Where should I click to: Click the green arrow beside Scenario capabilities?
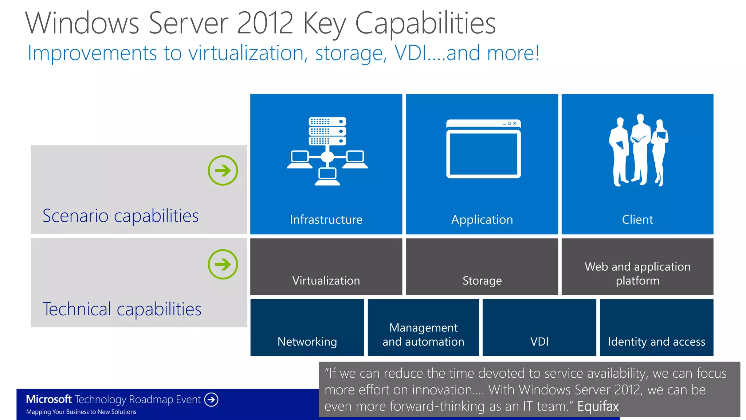click(223, 170)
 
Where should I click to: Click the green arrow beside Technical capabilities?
click(223, 264)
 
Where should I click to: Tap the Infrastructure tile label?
click(326, 219)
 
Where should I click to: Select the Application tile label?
click(482, 219)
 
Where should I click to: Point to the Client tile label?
click(637, 219)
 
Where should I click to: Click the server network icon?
click(327, 151)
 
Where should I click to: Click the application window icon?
click(483, 149)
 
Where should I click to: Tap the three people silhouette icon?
click(638, 150)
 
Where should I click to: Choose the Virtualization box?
click(326, 267)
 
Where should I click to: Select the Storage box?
click(482, 267)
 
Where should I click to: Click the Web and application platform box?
click(637, 267)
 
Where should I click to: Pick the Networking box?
click(307, 327)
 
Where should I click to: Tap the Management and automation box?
click(423, 327)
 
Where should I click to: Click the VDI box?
click(539, 327)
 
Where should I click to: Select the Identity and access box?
click(656, 327)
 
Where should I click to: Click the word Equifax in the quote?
click(598, 406)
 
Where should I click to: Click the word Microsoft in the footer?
click(49, 399)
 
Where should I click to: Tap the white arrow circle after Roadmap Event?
click(211, 400)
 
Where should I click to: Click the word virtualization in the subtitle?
click(246, 53)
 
